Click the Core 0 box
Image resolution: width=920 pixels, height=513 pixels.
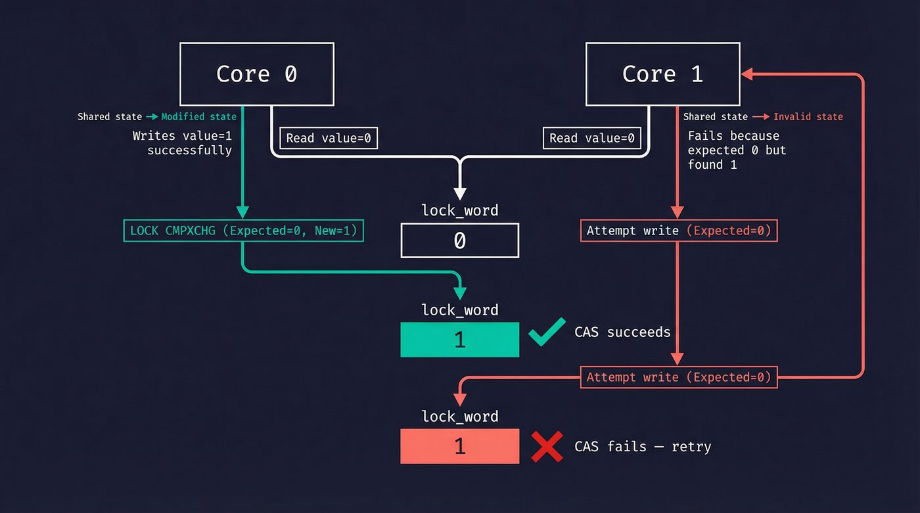[x=256, y=74]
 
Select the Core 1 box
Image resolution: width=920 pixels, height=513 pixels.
[x=662, y=74]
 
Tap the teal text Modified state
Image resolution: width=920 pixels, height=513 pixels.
[x=198, y=117]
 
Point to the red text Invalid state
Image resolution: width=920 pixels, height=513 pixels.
[x=808, y=117]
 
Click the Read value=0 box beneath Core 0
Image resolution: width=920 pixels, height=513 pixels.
[x=329, y=138]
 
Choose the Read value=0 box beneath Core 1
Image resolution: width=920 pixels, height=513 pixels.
[x=591, y=138]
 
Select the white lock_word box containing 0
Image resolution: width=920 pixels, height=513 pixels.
[x=459, y=240]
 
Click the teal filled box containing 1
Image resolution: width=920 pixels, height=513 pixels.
[x=459, y=340]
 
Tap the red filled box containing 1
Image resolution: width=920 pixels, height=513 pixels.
[x=459, y=446]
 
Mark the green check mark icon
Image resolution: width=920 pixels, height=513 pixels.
[x=547, y=331]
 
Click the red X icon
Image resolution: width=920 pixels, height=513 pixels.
[x=547, y=447]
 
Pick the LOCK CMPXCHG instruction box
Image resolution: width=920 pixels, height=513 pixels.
[x=243, y=231]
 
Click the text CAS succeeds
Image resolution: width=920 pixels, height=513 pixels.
[x=622, y=332]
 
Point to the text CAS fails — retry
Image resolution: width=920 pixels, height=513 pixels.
[x=642, y=447]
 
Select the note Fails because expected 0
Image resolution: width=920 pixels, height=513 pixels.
[x=736, y=150]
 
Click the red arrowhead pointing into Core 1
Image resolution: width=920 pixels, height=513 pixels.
[x=747, y=74]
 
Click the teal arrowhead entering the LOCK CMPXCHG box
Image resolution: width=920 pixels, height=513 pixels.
[x=243, y=212]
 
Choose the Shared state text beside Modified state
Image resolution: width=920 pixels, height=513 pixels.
[x=110, y=117]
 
